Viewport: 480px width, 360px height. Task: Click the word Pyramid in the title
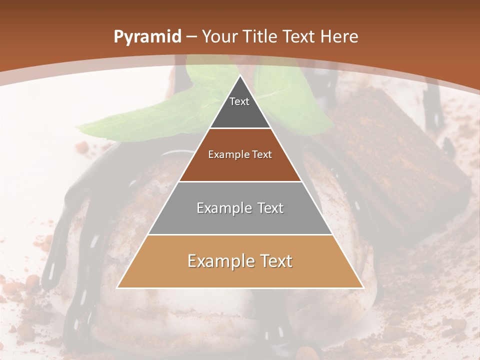(147, 37)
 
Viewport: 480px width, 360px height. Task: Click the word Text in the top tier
(239, 101)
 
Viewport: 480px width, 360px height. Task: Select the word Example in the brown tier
(225, 154)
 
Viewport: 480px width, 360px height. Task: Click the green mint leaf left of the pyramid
(150, 117)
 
